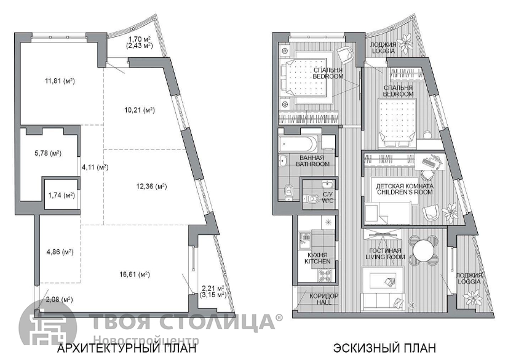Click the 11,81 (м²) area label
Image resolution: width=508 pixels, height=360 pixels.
(60, 81)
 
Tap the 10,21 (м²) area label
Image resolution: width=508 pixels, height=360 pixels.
(140, 110)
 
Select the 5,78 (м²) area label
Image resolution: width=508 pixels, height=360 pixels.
(48, 153)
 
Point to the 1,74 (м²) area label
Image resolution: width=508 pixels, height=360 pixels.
(62, 195)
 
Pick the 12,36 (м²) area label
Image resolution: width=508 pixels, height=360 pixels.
(151, 186)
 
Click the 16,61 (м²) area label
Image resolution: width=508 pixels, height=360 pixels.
(135, 275)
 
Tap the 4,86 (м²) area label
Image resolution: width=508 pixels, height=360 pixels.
(60, 252)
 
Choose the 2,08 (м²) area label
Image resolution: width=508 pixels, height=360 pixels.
(59, 300)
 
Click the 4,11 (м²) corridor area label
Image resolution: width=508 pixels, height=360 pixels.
(95, 167)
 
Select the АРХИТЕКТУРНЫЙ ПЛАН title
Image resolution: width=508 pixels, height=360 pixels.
(127, 348)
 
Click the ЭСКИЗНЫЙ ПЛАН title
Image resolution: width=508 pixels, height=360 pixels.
(384, 348)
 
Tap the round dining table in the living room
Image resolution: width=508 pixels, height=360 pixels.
(424, 249)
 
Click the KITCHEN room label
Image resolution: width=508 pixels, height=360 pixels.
(317, 261)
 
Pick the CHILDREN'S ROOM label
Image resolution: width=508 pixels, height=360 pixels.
(405, 192)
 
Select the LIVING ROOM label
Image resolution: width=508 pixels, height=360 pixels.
(385, 257)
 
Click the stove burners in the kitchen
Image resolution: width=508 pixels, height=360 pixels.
(325, 276)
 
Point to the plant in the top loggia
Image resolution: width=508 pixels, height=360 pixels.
(404, 42)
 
